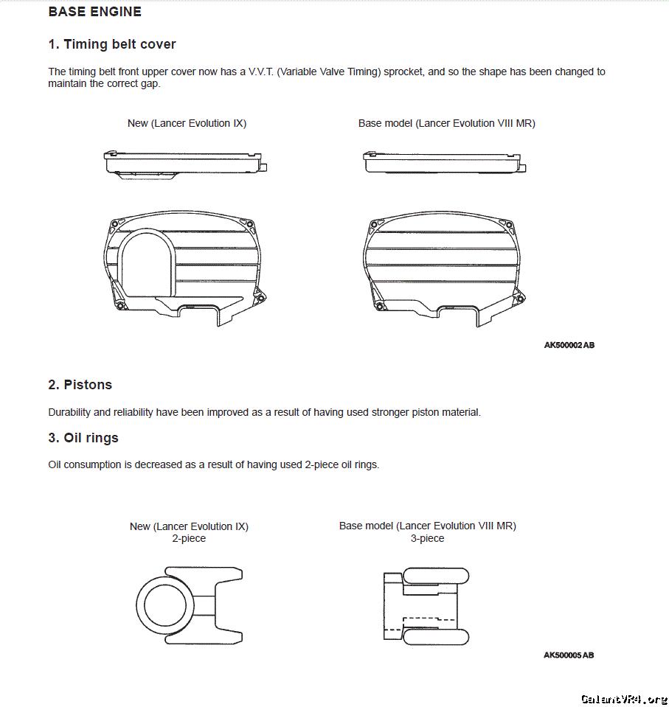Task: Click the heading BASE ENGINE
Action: point(94,12)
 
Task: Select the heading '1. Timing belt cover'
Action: point(112,44)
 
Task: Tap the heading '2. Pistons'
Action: point(80,385)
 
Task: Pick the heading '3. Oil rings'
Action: point(83,438)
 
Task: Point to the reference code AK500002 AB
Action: point(569,345)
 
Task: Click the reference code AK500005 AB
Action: point(569,655)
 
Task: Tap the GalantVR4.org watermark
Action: point(623,698)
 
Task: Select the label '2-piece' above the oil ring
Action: point(189,539)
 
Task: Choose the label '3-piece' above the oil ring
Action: point(427,539)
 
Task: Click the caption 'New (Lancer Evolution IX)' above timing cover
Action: point(187,123)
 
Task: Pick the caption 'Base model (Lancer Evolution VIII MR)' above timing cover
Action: point(446,123)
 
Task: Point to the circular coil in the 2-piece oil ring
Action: point(164,605)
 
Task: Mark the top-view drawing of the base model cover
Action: point(444,162)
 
